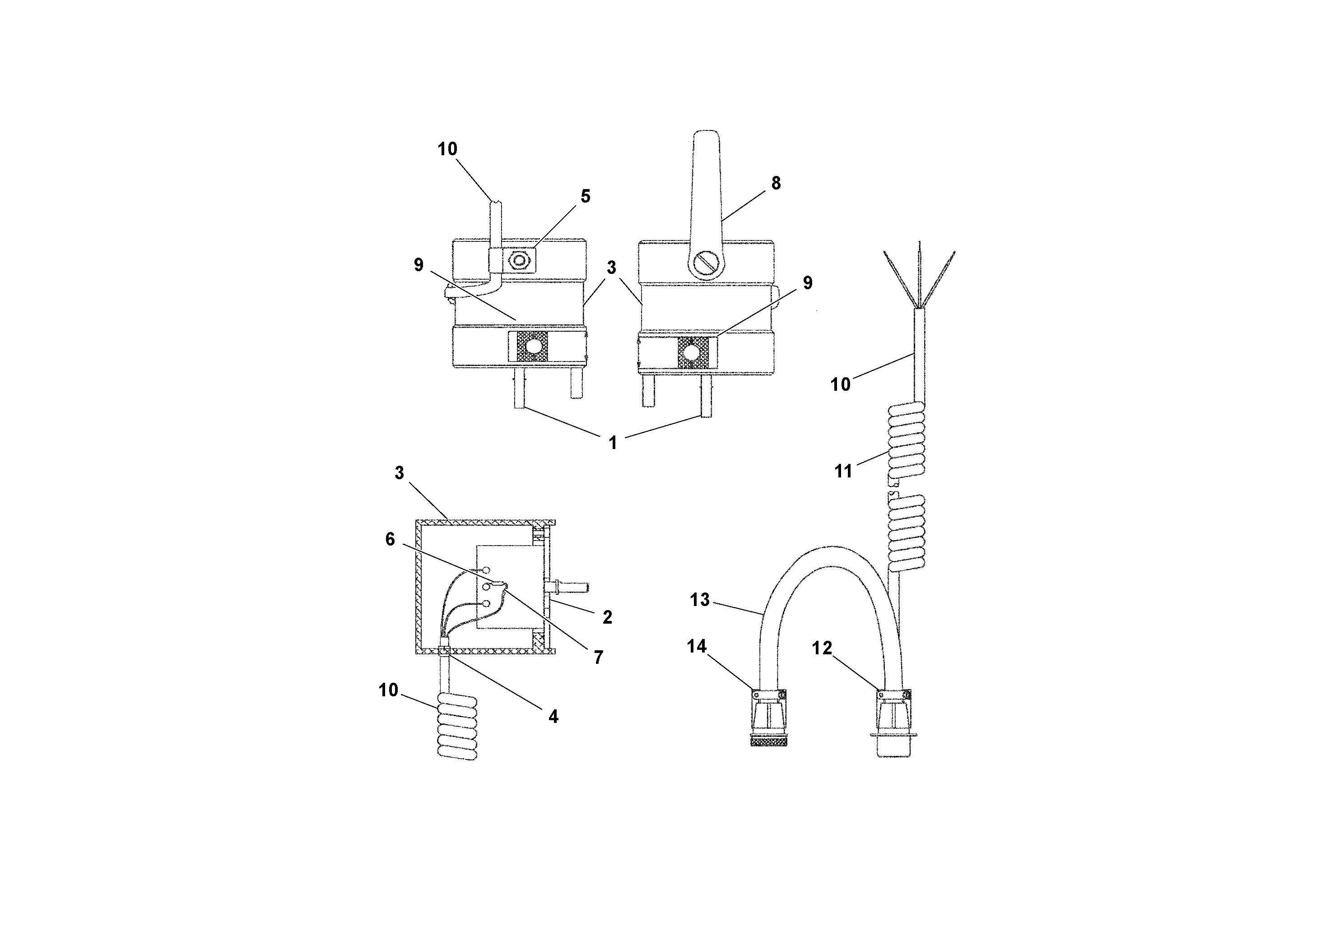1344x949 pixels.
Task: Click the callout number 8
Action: coord(776,183)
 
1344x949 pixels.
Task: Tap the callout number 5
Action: coord(585,196)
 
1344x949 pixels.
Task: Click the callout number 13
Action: coord(699,600)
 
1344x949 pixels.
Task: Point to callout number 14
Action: coord(697,647)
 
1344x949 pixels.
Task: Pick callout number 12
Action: coord(822,648)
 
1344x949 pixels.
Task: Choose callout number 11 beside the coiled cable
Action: coord(843,471)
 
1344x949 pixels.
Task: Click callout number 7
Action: coord(598,657)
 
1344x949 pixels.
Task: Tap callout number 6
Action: coord(390,539)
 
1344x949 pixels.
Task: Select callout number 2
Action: coord(607,617)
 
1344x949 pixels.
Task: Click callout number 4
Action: coord(553,717)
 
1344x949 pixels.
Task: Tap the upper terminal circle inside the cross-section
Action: coord(486,569)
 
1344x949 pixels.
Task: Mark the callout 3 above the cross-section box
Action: coord(399,473)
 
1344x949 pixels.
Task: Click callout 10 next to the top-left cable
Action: coord(447,149)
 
